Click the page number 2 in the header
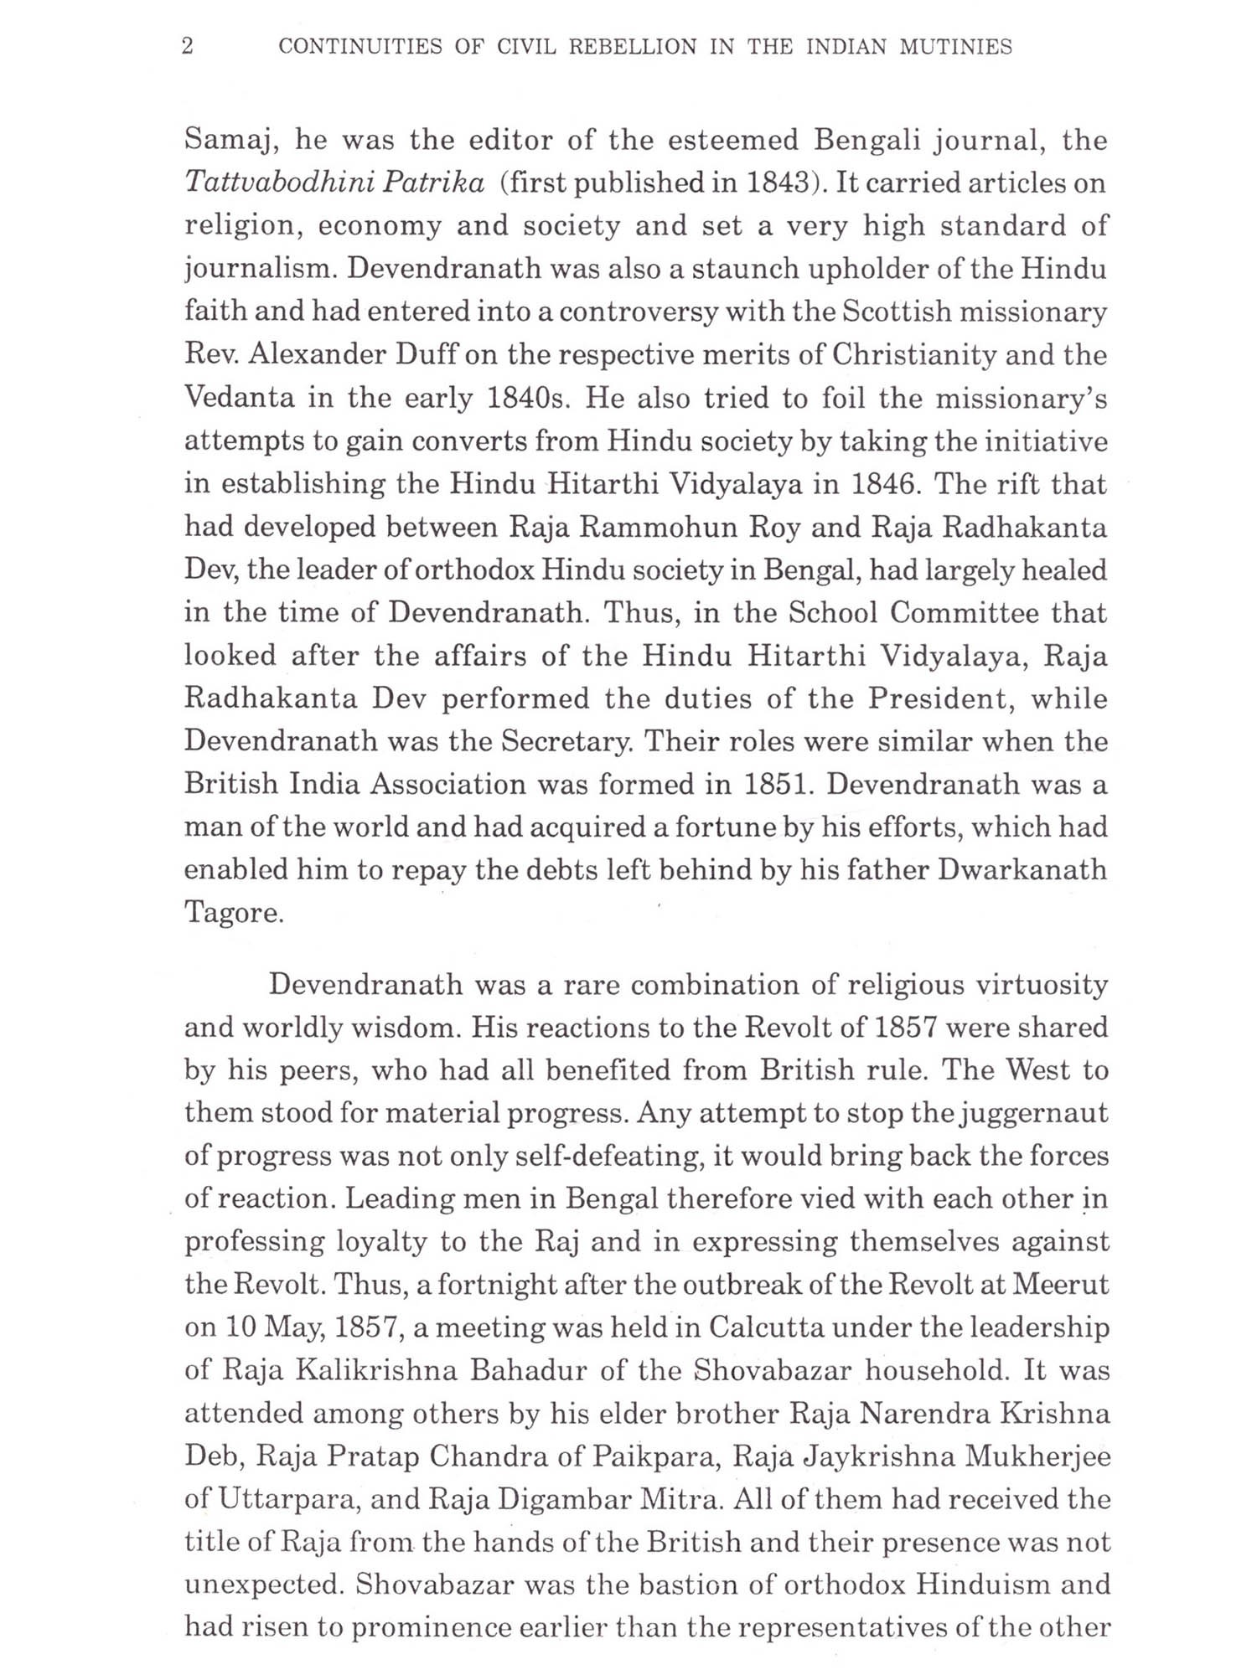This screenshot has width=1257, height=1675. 188,47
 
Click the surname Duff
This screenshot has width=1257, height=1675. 422,355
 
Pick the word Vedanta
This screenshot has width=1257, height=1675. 239,398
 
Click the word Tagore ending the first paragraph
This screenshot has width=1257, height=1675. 234,913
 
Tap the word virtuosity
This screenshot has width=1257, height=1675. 1042,985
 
